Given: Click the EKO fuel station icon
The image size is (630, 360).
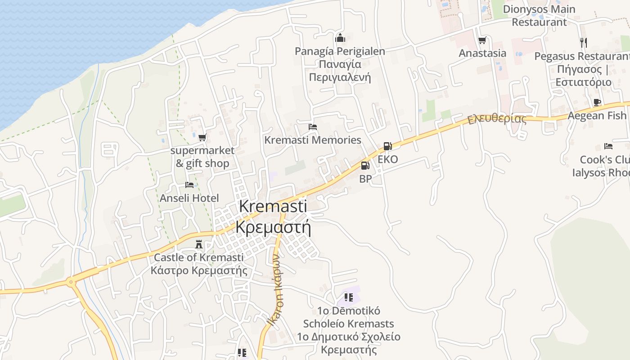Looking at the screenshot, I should (x=387, y=146).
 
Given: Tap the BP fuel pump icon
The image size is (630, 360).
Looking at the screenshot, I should (x=365, y=166).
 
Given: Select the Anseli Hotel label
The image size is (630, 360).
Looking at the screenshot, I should (x=189, y=198).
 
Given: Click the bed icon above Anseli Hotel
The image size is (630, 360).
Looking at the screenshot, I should (x=189, y=185).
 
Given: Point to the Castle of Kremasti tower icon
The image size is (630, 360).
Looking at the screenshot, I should (x=198, y=245).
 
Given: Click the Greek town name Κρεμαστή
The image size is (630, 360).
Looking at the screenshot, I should (x=273, y=227).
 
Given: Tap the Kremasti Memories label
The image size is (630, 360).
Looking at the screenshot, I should (x=313, y=140).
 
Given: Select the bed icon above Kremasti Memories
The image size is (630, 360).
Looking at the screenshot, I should (x=313, y=127).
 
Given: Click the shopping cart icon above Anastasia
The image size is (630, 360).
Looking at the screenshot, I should (x=482, y=40).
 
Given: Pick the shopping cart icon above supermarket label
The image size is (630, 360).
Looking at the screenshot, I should (x=202, y=137).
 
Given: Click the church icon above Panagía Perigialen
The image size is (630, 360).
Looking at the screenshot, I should (x=340, y=37).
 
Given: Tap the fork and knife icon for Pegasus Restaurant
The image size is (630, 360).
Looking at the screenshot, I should (x=584, y=43).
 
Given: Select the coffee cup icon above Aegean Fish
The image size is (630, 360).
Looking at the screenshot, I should (x=597, y=103).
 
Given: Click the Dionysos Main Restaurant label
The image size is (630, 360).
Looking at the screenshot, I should (x=539, y=15).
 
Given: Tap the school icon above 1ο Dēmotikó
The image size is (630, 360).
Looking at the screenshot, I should (x=348, y=297).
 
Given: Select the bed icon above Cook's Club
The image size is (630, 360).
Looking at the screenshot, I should (x=608, y=146).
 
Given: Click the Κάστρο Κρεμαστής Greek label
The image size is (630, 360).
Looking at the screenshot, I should (x=199, y=270).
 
